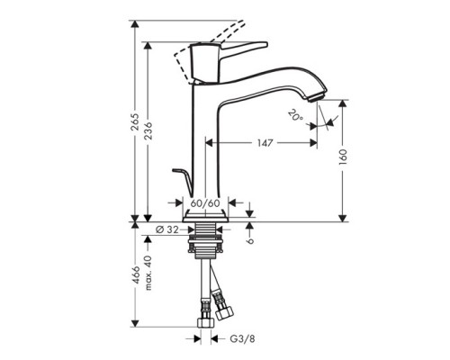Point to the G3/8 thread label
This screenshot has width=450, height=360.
pyautogui.click(x=239, y=340)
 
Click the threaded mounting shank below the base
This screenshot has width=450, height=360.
pyautogui.click(x=207, y=243)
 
